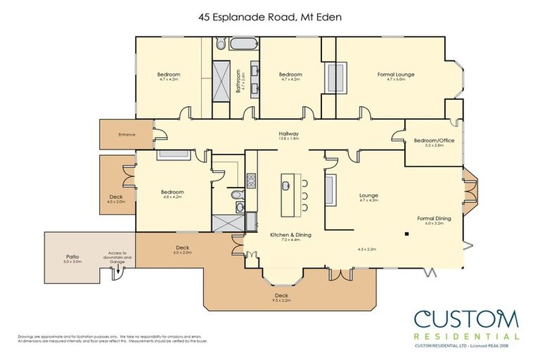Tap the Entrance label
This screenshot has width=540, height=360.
127,134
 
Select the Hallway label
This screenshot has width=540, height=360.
289,134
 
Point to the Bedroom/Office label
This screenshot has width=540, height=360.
434,140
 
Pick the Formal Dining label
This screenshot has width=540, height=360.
434,219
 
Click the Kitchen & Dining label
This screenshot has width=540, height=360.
290,235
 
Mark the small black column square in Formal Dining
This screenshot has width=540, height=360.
407,234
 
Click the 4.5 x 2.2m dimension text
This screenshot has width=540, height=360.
368,249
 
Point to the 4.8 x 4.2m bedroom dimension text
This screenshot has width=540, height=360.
172,198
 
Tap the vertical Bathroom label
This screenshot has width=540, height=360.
240,84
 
